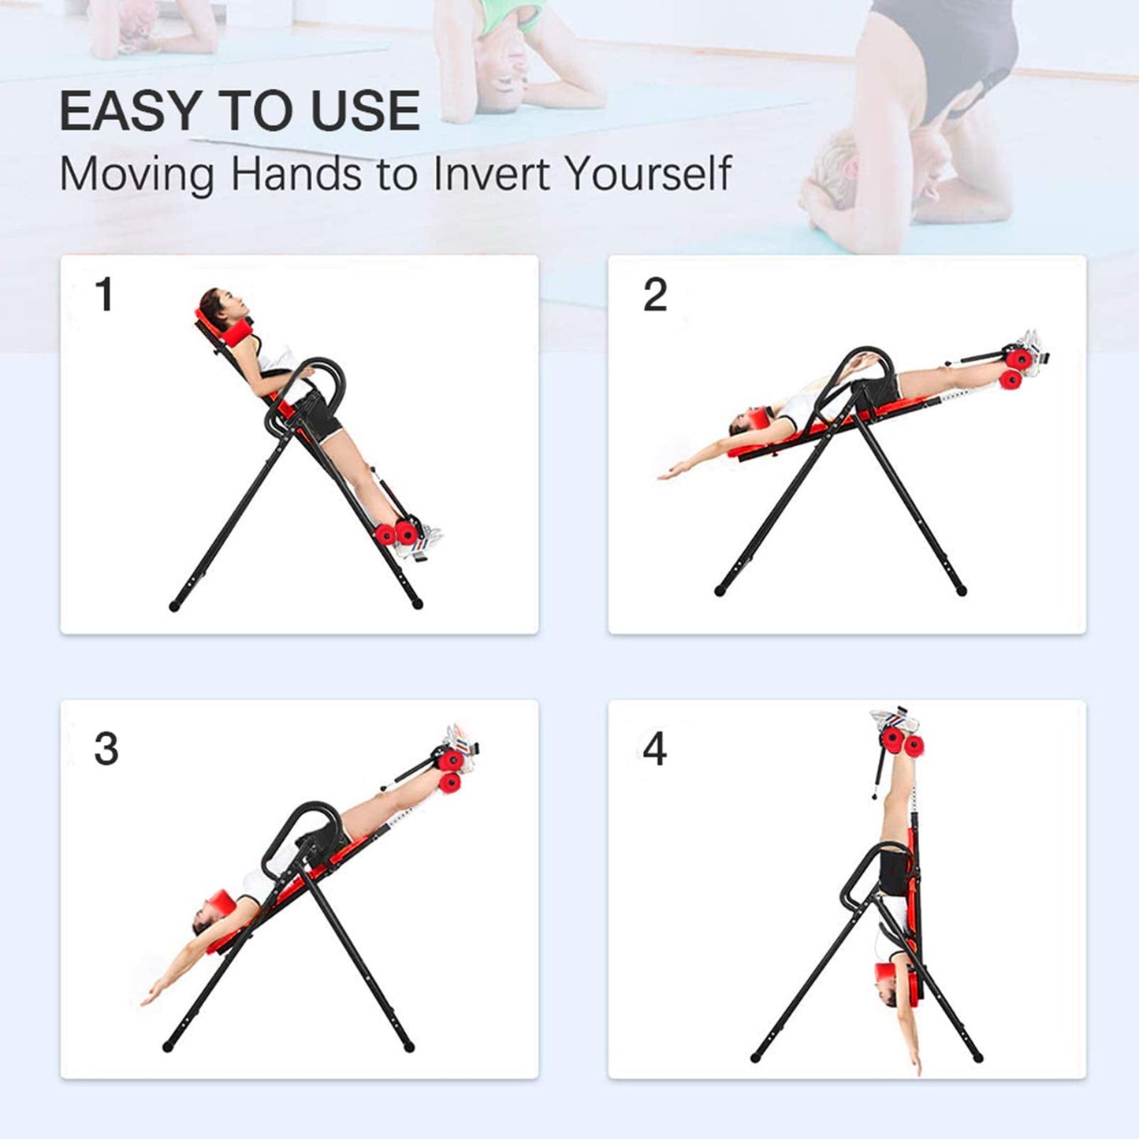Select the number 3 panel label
pyautogui.click(x=106, y=749)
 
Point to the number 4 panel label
pyautogui.click(x=655, y=749)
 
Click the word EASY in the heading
pyautogui.click(x=129, y=110)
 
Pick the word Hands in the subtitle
pyautogui.click(x=295, y=173)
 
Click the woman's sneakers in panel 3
pyautogui.click(x=461, y=748)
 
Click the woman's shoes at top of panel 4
pyautogui.click(x=895, y=717)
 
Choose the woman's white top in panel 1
pyautogui.click(x=275, y=359)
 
